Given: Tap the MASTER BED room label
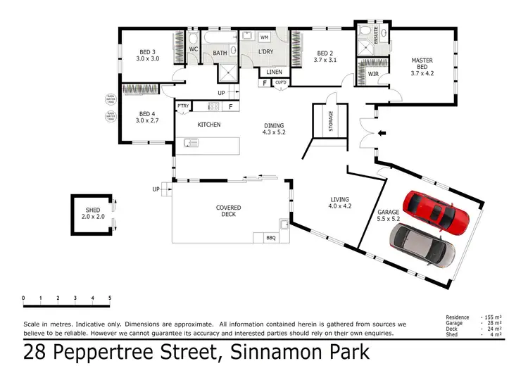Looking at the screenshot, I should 422,65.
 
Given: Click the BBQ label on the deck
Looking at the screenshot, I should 270,237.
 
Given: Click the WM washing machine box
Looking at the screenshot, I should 265,37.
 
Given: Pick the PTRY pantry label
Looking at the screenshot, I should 183,106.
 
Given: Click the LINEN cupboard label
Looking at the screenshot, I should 275,72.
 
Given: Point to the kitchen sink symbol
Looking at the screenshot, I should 191,144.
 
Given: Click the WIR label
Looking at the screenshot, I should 373,73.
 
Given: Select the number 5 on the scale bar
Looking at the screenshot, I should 109,298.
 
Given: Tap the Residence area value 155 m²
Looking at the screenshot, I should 492,317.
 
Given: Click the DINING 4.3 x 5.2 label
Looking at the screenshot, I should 275,127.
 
